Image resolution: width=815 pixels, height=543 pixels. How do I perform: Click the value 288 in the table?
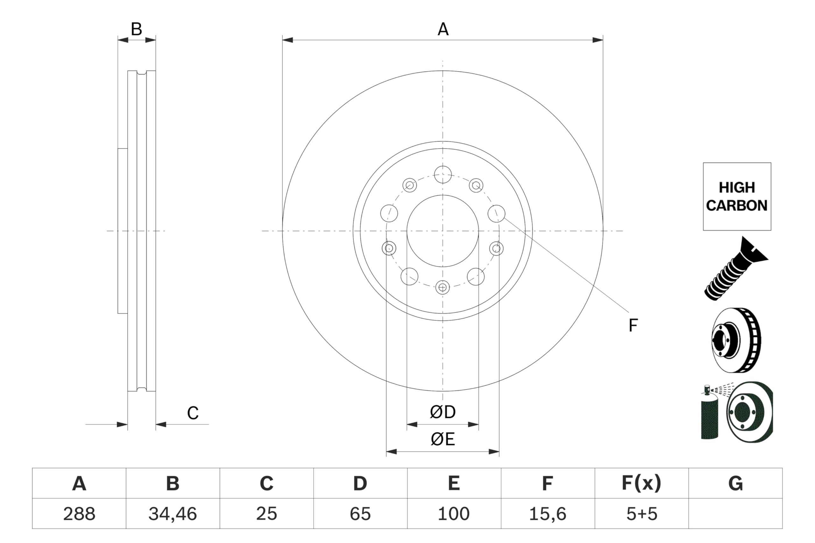(x=79, y=513)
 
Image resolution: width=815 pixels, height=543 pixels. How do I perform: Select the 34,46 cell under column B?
(x=173, y=513)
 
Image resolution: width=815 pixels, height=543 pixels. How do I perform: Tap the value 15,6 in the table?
(x=548, y=513)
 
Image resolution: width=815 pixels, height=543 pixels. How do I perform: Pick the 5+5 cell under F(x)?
(x=641, y=513)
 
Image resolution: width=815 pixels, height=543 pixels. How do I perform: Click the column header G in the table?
(x=735, y=483)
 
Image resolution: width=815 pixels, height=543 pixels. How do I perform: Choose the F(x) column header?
(x=641, y=483)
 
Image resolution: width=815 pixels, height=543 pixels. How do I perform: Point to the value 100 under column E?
(x=454, y=513)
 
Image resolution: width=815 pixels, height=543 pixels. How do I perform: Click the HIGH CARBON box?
(x=737, y=196)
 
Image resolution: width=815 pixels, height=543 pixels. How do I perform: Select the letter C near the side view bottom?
(x=193, y=413)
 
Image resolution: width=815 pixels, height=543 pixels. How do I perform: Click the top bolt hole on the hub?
(x=443, y=175)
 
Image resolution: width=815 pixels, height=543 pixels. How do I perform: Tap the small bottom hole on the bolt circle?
(x=443, y=287)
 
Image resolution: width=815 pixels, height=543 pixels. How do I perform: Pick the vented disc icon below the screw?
(x=736, y=340)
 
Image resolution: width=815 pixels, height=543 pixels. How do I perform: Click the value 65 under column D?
(x=360, y=513)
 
